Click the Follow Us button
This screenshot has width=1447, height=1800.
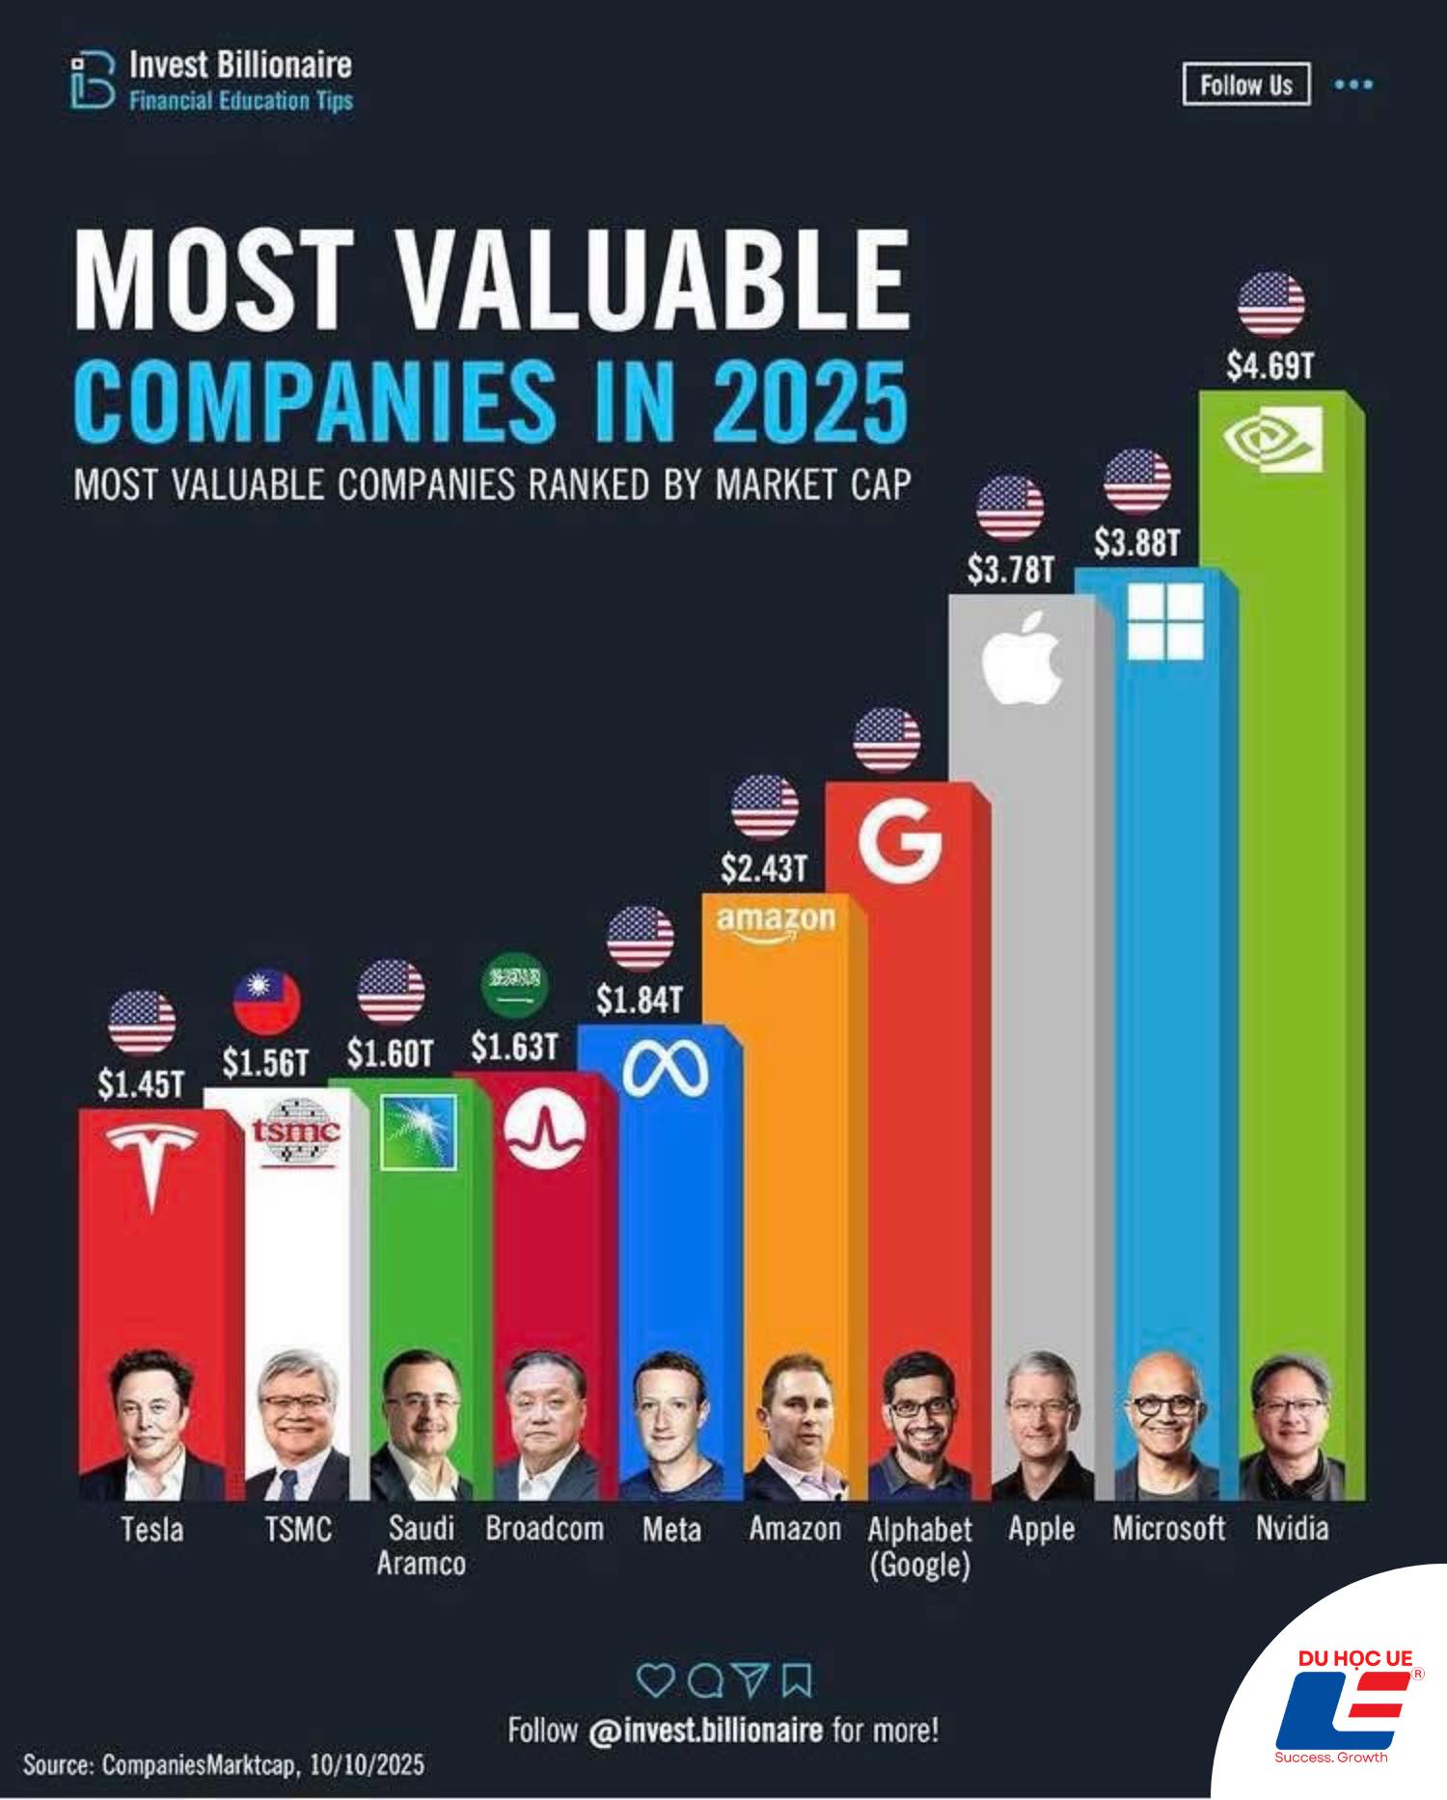(x=1245, y=85)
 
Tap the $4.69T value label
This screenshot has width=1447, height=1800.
(x=1270, y=367)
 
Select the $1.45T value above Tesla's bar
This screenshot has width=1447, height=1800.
(x=141, y=1084)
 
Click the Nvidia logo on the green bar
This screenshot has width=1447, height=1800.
(x=1272, y=439)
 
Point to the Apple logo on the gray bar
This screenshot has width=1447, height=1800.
(x=1022, y=656)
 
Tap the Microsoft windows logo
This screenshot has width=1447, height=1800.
(x=1165, y=620)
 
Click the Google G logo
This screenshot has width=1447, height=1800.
(x=899, y=840)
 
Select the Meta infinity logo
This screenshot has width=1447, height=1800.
(x=665, y=1072)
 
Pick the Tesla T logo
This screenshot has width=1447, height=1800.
(x=151, y=1163)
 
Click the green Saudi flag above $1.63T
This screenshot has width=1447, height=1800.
(x=512, y=985)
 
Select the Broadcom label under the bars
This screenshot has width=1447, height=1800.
(x=544, y=1528)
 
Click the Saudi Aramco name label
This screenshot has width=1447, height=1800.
(x=421, y=1544)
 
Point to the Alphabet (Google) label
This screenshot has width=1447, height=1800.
(x=919, y=1545)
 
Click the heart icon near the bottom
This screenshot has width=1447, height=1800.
(x=656, y=1679)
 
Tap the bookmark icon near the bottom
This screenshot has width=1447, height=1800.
(x=796, y=1679)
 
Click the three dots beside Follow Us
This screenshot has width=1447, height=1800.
(x=1353, y=85)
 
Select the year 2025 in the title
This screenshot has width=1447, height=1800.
(x=809, y=400)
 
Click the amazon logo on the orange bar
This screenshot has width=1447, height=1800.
(x=776, y=921)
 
